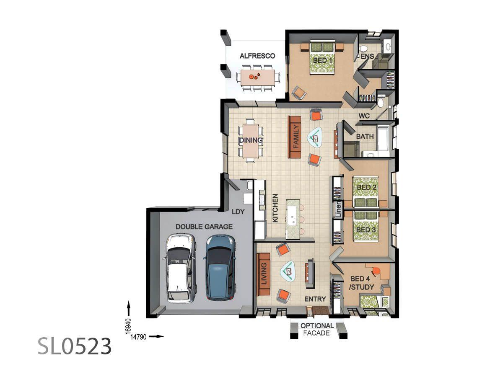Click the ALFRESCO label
click(257, 56)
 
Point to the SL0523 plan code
click(75, 346)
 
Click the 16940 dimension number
click(129, 326)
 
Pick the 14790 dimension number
click(138, 337)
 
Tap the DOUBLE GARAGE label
click(204, 227)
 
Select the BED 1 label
click(322, 60)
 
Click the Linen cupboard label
click(338, 210)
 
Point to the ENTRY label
click(315, 299)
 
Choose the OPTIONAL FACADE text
click(317, 329)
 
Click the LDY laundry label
click(238, 212)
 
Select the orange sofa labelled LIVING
click(263, 274)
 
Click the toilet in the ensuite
click(363, 49)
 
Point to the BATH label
click(365, 137)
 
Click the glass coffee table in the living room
click(288, 271)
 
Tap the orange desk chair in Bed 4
click(376, 271)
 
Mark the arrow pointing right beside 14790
click(156, 336)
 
